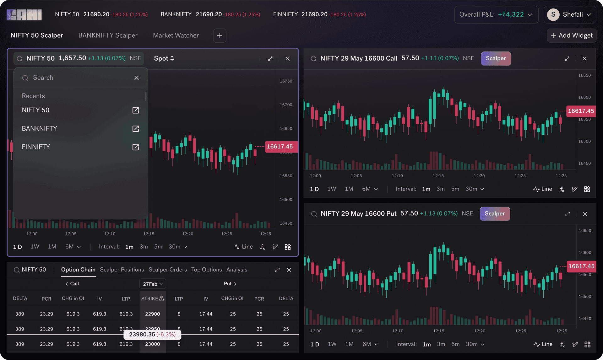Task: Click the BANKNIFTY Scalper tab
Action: pyautogui.click(x=108, y=35)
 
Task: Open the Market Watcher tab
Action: pyautogui.click(x=176, y=35)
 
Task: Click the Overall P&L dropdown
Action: pyautogui.click(x=496, y=14)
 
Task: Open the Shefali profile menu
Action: pyautogui.click(x=569, y=14)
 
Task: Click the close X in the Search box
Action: pyautogui.click(x=136, y=78)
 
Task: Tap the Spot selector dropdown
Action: pyautogui.click(x=164, y=58)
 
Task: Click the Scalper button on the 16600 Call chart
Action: pyautogui.click(x=496, y=58)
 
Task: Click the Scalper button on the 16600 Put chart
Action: pyautogui.click(x=495, y=214)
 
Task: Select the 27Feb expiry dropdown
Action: pyautogui.click(x=153, y=284)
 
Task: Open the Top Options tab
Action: pyautogui.click(x=206, y=270)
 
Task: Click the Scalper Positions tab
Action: pyautogui.click(x=122, y=270)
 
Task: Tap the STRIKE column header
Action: pyautogui.click(x=152, y=298)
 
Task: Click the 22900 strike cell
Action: pyautogui.click(x=152, y=314)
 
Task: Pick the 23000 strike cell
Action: pyautogui.click(x=152, y=344)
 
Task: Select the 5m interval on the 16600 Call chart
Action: pyautogui.click(x=455, y=189)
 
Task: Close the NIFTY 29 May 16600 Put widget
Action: pyautogui.click(x=585, y=214)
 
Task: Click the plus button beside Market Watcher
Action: pyautogui.click(x=220, y=36)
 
